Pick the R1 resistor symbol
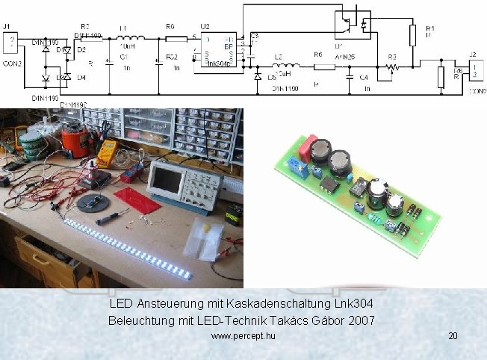click(x=412, y=34)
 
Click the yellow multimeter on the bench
click(x=106, y=152)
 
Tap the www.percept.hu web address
click(x=243, y=337)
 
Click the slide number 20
click(x=453, y=337)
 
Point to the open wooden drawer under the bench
click(x=41, y=258)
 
